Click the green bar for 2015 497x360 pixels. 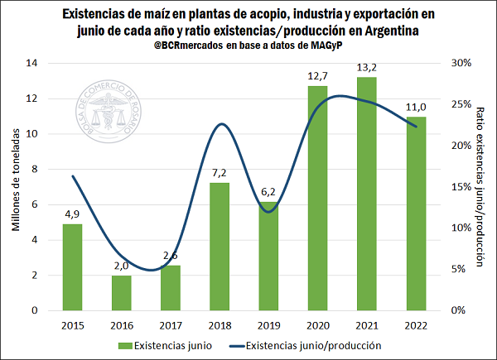coord(73,266)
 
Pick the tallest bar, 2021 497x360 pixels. coord(366,194)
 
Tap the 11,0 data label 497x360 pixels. coord(415,107)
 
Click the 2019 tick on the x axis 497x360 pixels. coord(268,324)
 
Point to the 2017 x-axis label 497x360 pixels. coord(171,324)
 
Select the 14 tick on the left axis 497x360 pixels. coord(32,63)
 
